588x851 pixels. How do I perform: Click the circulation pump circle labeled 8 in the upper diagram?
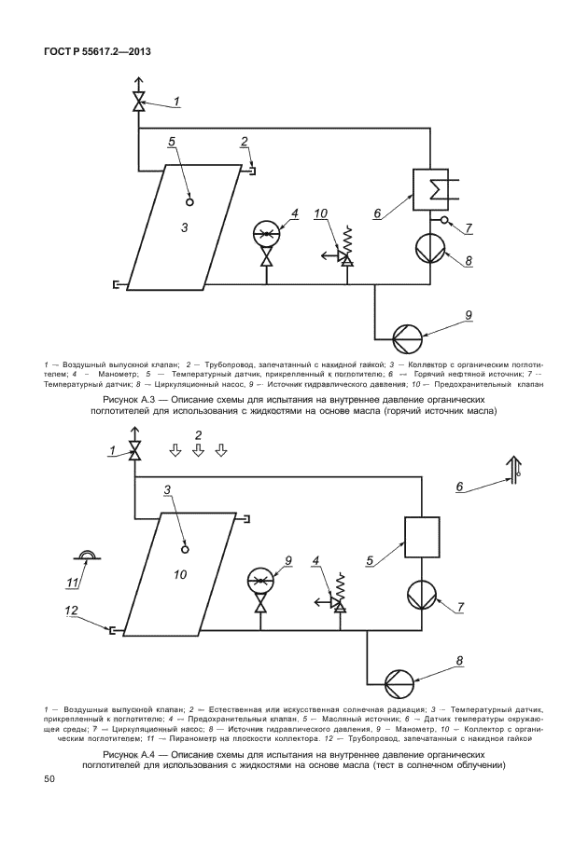(431, 245)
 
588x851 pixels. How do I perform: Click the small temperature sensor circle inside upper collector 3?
(189, 199)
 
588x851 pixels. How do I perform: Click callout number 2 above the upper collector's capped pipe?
(244, 143)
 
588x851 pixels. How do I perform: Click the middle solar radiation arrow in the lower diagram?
(198, 451)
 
